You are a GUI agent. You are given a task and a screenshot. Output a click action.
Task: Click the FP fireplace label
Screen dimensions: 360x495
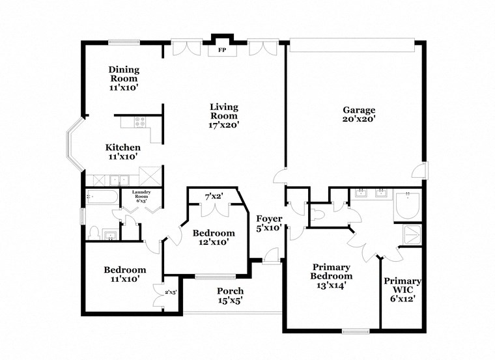pos(221,50)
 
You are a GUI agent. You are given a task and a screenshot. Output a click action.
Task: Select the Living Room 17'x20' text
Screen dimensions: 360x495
pos(223,116)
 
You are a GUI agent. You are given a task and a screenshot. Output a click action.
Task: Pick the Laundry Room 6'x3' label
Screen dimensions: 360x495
pos(141,196)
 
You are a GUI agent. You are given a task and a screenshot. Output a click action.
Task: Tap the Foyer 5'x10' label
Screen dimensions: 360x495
pos(268,223)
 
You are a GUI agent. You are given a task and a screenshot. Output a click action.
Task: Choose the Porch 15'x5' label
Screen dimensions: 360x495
pos(231,296)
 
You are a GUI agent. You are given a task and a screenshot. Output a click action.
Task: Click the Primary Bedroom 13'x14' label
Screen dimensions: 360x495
pos(332,275)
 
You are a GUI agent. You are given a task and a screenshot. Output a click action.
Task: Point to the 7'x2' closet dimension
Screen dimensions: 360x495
pos(214,195)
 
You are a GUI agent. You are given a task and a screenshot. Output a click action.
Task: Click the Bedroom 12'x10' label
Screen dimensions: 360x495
pos(214,238)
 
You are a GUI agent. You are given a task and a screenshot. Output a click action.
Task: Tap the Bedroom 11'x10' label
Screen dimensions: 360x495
pos(125,274)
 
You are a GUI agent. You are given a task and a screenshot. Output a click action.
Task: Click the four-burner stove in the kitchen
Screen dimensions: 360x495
pos(139,121)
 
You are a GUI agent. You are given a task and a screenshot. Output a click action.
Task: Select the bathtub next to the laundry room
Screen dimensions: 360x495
pos(102,197)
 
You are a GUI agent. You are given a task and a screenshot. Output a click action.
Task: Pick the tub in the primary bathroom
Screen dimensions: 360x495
pos(409,208)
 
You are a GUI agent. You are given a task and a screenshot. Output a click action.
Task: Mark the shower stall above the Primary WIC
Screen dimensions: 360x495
pos(412,235)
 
